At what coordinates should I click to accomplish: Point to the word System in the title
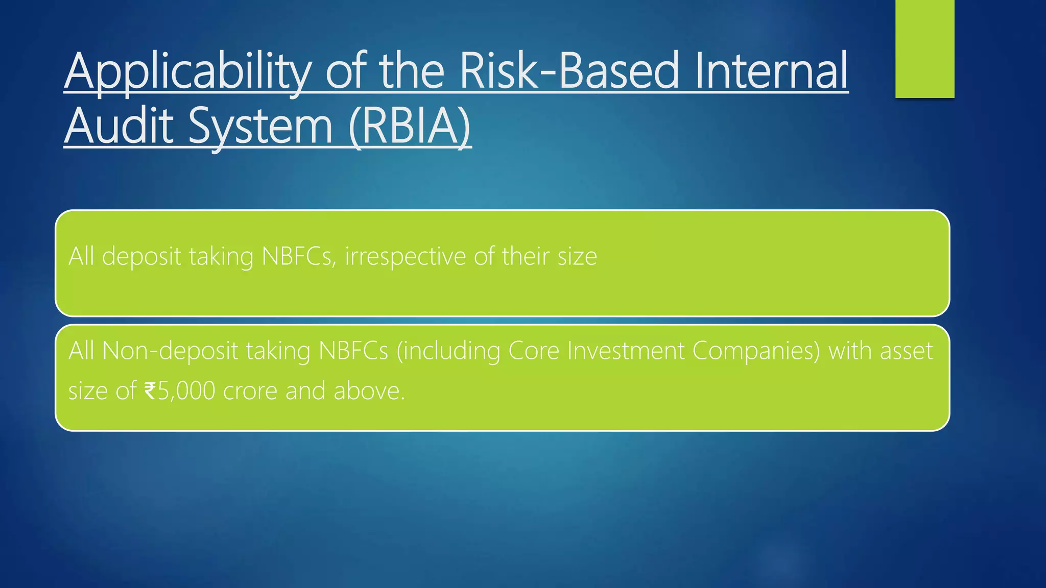click(x=260, y=127)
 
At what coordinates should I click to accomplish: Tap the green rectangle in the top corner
click(x=924, y=48)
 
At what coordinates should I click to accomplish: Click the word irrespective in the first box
click(x=405, y=256)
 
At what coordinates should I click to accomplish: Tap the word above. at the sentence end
click(x=369, y=391)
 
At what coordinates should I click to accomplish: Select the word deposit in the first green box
click(x=141, y=256)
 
